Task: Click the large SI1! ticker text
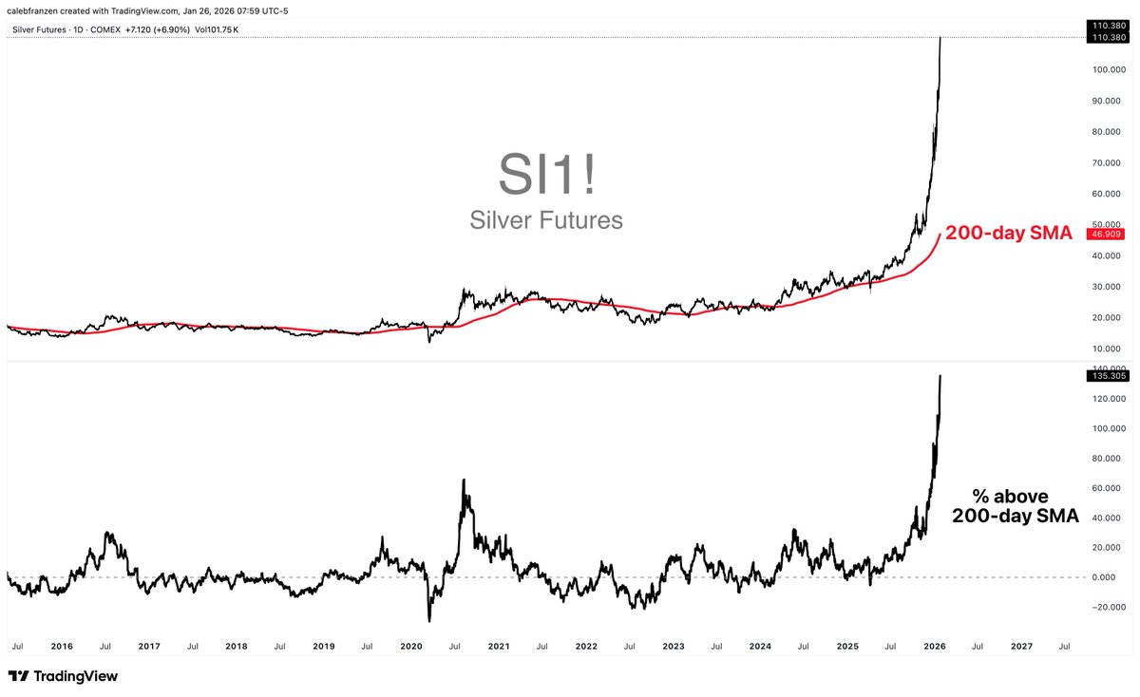coord(546,174)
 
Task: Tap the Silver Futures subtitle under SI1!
coord(546,220)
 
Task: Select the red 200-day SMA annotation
coord(1008,233)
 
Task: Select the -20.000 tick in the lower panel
coord(1107,607)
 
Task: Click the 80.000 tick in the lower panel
coord(1107,458)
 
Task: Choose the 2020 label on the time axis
coord(410,646)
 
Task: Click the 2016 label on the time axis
coord(62,646)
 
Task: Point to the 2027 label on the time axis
coord(1021,646)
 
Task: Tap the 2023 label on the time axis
coord(673,646)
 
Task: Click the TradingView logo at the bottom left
coord(63,676)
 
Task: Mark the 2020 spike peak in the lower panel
coord(463,480)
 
